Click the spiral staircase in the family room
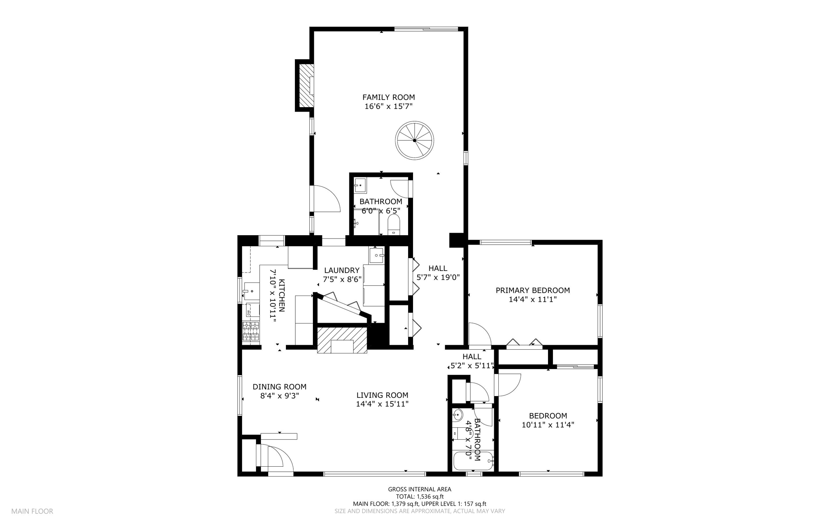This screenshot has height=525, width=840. pyautogui.click(x=415, y=140)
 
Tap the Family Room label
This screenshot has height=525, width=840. pyautogui.click(x=388, y=97)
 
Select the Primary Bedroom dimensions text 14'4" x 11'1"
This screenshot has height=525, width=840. pyautogui.click(x=532, y=300)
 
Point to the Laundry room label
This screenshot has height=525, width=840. pyautogui.click(x=342, y=271)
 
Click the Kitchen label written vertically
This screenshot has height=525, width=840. pyautogui.click(x=282, y=295)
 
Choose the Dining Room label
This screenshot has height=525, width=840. pyautogui.click(x=279, y=387)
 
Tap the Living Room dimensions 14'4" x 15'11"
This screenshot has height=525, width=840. pyautogui.click(x=382, y=404)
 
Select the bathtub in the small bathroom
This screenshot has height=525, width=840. pyautogui.click(x=473, y=461)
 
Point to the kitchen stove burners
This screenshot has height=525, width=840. pyautogui.click(x=251, y=332)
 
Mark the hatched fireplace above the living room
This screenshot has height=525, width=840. pyautogui.click(x=342, y=340)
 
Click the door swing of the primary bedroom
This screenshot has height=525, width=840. pyautogui.click(x=480, y=334)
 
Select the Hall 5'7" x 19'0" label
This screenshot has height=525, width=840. pyautogui.click(x=438, y=273)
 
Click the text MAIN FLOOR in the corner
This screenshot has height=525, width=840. pyautogui.click(x=32, y=511)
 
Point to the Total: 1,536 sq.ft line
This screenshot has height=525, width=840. pyautogui.click(x=420, y=496)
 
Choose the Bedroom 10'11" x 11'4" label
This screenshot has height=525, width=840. pyautogui.click(x=548, y=420)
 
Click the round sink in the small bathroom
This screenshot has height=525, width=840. pyautogui.click(x=457, y=415)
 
